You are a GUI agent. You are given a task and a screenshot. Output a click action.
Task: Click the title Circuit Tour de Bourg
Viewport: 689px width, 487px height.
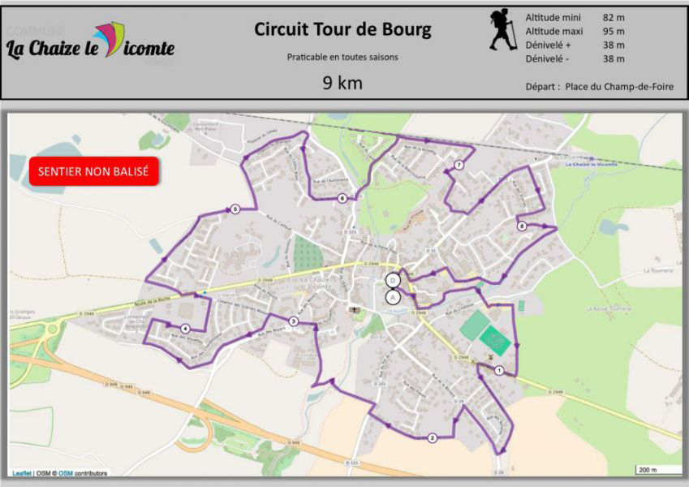(342, 30)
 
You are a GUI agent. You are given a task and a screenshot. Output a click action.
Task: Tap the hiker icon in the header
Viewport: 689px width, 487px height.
(502, 30)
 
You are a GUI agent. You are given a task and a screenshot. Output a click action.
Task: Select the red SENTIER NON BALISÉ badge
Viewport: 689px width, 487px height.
(93, 172)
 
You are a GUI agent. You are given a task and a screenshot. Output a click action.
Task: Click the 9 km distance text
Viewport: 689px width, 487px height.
(342, 83)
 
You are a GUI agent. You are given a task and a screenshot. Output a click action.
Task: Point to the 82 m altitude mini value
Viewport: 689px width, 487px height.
(614, 17)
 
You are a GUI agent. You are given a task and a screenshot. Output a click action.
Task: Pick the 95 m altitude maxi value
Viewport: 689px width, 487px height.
(614, 31)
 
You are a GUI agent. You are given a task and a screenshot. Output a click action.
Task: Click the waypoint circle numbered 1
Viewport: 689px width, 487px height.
(499, 371)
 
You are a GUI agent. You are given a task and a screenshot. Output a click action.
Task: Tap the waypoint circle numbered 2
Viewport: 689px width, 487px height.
(433, 438)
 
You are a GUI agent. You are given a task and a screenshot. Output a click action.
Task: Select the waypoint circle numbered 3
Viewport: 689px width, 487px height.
(293, 322)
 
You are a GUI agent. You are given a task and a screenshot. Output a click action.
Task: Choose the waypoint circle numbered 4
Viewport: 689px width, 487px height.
(185, 328)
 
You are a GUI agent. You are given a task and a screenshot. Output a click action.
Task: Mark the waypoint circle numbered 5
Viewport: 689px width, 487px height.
(235, 209)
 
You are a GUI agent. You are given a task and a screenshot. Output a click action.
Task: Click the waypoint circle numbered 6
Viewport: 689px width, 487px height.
(342, 198)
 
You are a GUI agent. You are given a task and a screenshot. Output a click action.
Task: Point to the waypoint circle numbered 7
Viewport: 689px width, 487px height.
(459, 166)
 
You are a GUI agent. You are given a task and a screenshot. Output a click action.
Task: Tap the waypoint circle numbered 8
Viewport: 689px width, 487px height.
(522, 226)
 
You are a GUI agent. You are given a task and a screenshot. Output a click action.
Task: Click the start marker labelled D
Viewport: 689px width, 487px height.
(393, 280)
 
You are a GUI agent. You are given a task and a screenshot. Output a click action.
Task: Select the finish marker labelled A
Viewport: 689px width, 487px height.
(393, 296)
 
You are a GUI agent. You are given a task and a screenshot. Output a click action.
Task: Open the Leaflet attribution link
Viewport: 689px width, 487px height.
(22, 473)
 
